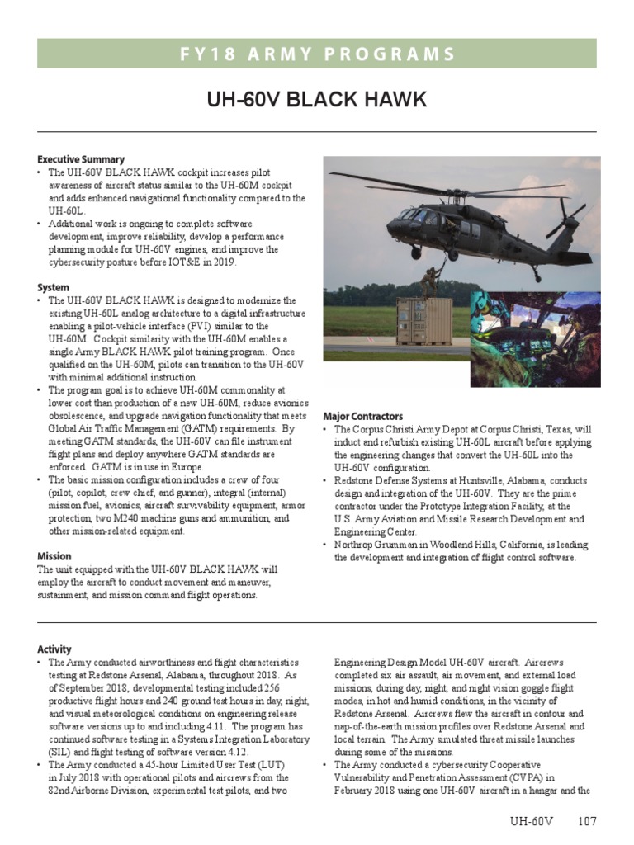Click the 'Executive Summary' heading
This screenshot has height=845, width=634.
click(x=81, y=159)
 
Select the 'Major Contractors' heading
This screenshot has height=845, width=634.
click(x=363, y=417)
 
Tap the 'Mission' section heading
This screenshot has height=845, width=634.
click(x=54, y=556)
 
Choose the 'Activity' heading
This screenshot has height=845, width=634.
click(x=54, y=649)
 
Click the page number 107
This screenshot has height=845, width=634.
click(x=587, y=822)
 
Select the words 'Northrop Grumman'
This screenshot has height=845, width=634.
click(x=372, y=545)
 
